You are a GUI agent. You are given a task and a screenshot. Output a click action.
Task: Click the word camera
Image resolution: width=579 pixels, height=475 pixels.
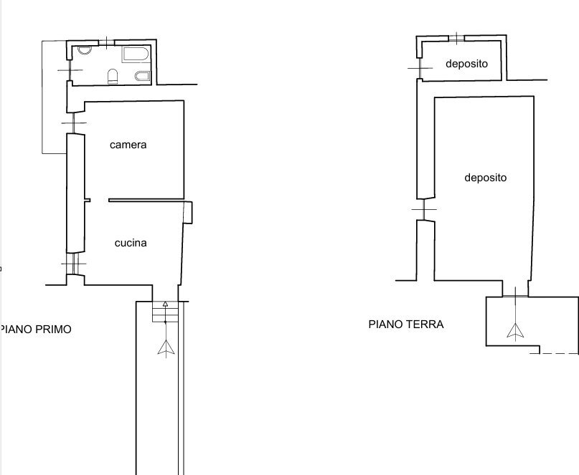click(128, 145)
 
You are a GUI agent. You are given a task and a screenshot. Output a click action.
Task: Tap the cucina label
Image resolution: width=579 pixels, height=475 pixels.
click(131, 243)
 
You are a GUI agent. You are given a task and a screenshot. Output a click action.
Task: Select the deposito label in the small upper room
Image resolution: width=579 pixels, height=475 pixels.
click(466, 64)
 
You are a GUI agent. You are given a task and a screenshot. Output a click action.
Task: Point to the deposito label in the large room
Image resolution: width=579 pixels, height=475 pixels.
click(485, 178)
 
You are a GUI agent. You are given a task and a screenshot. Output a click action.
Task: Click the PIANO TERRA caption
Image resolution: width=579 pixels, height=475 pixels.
click(405, 324)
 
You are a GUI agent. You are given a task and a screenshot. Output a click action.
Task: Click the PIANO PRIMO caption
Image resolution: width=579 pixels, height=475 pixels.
click(37, 330)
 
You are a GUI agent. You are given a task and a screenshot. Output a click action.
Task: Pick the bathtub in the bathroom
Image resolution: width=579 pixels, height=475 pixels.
click(134, 54)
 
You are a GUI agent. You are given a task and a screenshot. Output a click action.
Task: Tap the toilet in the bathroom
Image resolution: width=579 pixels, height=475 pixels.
click(113, 75)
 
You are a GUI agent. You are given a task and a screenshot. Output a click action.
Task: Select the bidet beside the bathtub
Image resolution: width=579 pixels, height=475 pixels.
click(141, 77)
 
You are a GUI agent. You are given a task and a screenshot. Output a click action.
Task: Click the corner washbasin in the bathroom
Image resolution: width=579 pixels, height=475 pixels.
click(84, 51)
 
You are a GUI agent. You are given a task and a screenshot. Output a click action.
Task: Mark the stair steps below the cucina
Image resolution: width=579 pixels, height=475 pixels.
click(165, 312)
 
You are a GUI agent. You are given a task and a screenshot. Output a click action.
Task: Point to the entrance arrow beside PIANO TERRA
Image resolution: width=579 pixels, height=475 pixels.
click(514, 329)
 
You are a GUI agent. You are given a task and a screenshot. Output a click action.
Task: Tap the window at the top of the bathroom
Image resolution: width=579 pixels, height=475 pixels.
click(105, 42)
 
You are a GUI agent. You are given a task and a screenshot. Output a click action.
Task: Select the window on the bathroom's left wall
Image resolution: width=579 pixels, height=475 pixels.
click(70, 70)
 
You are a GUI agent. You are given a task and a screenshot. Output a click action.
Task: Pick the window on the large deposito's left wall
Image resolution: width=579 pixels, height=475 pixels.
click(425, 209)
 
